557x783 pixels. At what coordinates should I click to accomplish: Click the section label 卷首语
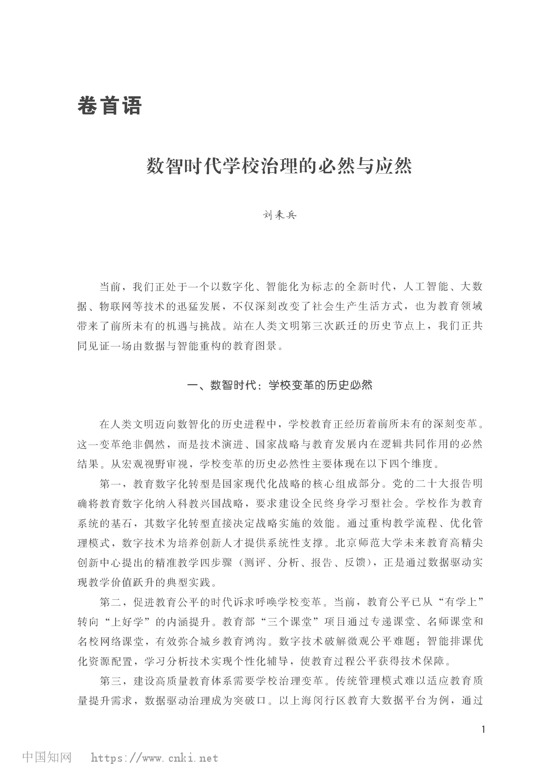click(109, 105)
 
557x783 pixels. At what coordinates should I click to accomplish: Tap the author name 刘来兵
click(279, 215)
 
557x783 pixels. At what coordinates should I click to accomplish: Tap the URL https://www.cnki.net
click(154, 758)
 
